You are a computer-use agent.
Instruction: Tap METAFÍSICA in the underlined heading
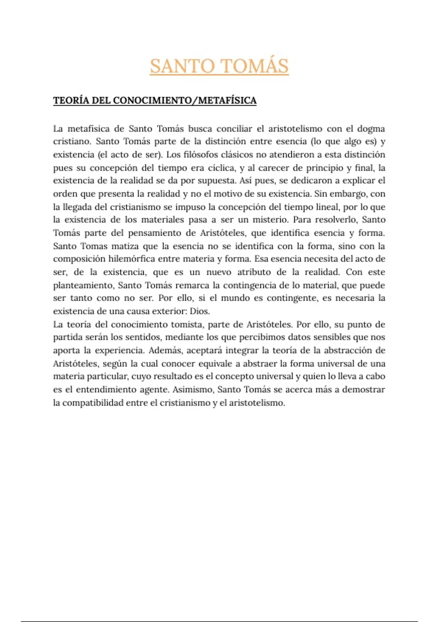pos(227,101)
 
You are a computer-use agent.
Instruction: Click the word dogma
pos(371,129)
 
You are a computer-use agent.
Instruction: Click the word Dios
pos(200,311)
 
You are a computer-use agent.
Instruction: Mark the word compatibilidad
pos(93,403)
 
